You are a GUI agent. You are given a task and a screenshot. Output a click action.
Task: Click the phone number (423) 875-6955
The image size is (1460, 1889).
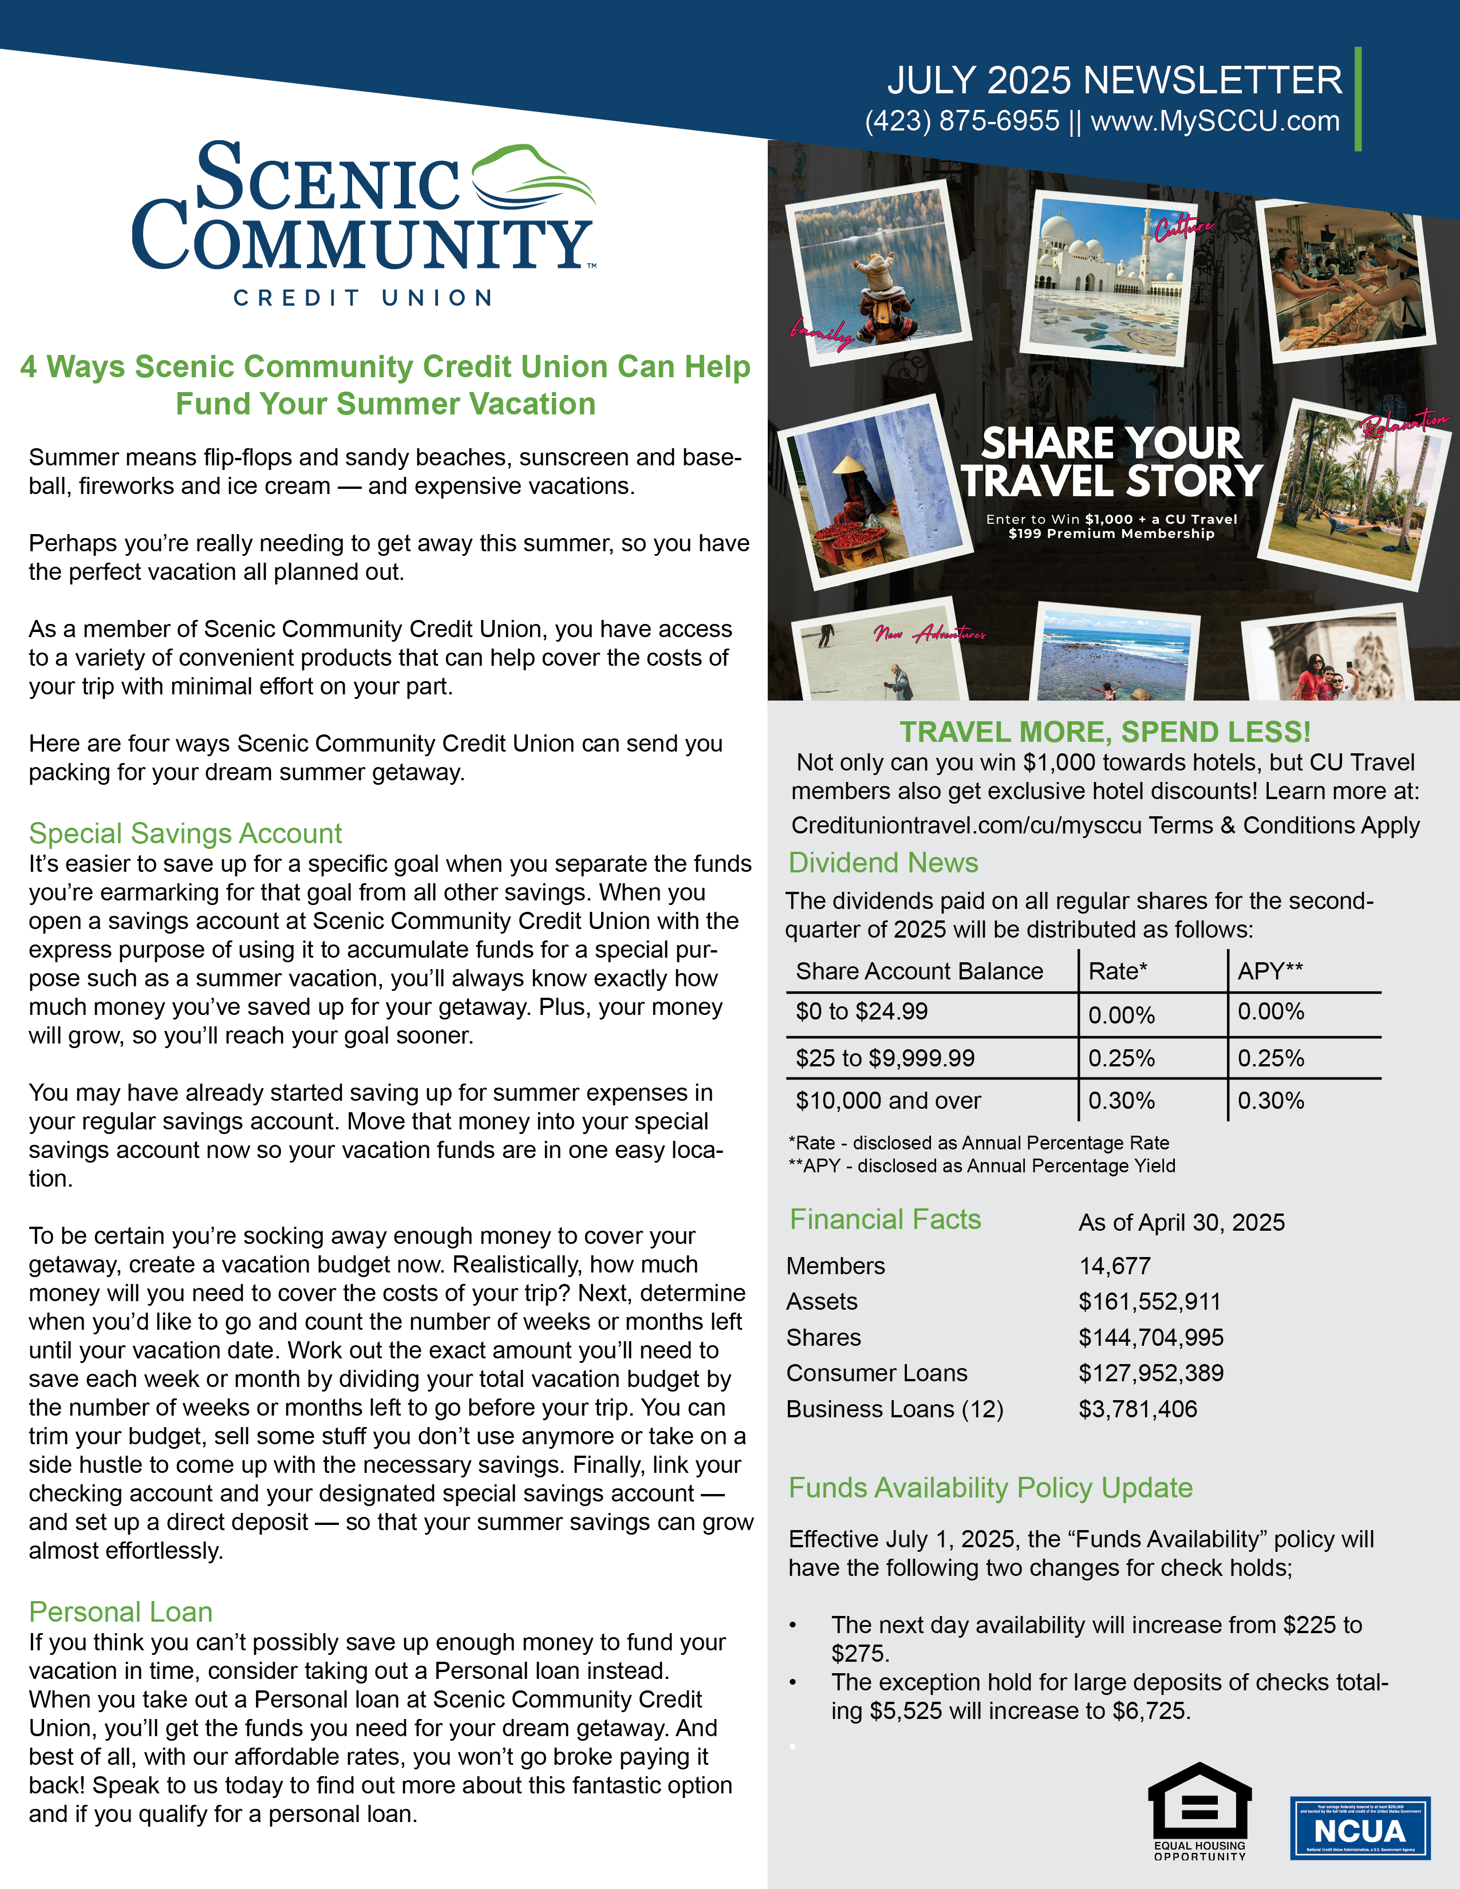coord(962,121)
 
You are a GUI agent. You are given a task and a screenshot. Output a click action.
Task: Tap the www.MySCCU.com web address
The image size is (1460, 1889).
coord(1215,121)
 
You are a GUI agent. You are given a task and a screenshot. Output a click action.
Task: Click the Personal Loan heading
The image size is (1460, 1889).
coord(120,1611)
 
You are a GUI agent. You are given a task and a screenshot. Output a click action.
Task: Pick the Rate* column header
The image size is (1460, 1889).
coord(1118,971)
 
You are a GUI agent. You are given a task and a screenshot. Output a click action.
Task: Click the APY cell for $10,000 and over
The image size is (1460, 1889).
coord(1270,1100)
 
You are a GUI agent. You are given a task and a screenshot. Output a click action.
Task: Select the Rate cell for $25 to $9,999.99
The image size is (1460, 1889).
coord(1121,1058)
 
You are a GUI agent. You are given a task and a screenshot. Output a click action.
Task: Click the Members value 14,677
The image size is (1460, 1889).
coord(1114,1266)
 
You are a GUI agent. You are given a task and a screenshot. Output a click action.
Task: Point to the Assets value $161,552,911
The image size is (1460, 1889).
coord(1150,1301)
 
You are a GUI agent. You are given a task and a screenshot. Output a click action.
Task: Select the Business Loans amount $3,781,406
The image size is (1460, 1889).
coord(1138,1409)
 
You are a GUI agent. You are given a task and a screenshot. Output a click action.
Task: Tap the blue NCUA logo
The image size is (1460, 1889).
coord(1360,1828)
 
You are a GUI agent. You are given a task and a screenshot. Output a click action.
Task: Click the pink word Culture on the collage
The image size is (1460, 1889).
coord(1183,228)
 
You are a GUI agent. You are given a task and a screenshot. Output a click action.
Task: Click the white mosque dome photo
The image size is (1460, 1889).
coord(1107,277)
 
